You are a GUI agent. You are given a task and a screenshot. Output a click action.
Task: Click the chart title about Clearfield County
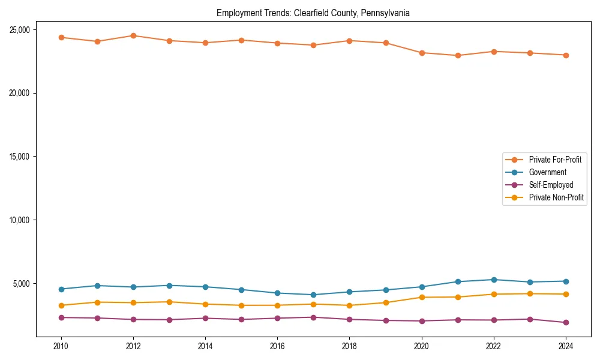[x=313, y=13]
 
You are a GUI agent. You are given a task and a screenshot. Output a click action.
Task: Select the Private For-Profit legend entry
[x=555, y=160]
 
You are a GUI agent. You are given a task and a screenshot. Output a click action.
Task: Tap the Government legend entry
[x=547, y=172]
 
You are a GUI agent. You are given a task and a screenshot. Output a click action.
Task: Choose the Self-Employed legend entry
[x=551, y=185]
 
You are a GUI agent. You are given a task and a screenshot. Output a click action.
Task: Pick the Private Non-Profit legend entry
[x=556, y=197]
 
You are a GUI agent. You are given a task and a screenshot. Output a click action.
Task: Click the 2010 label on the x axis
[x=61, y=346]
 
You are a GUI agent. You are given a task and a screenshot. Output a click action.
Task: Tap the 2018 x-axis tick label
[x=349, y=346]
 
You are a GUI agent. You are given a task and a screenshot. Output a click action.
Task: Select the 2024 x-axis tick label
[x=566, y=346]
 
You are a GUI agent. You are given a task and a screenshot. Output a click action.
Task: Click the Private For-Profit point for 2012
[x=133, y=35]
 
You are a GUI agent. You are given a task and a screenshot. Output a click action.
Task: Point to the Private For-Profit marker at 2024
[x=566, y=55]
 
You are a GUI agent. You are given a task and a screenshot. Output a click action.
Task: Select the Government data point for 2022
[x=494, y=280]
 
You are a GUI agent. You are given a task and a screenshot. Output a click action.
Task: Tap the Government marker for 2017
[x=313, y=295]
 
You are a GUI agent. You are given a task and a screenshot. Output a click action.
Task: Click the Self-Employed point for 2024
[x=566, y=323]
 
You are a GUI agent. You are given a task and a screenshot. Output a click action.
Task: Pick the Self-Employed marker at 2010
[x=61, y=317]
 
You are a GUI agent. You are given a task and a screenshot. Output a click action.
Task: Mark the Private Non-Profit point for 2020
[x=422, y=297]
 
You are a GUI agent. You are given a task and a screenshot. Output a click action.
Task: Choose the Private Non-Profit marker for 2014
[x=205, y=304]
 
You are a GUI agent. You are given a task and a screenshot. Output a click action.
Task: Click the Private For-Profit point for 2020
[x=422, y=53]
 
